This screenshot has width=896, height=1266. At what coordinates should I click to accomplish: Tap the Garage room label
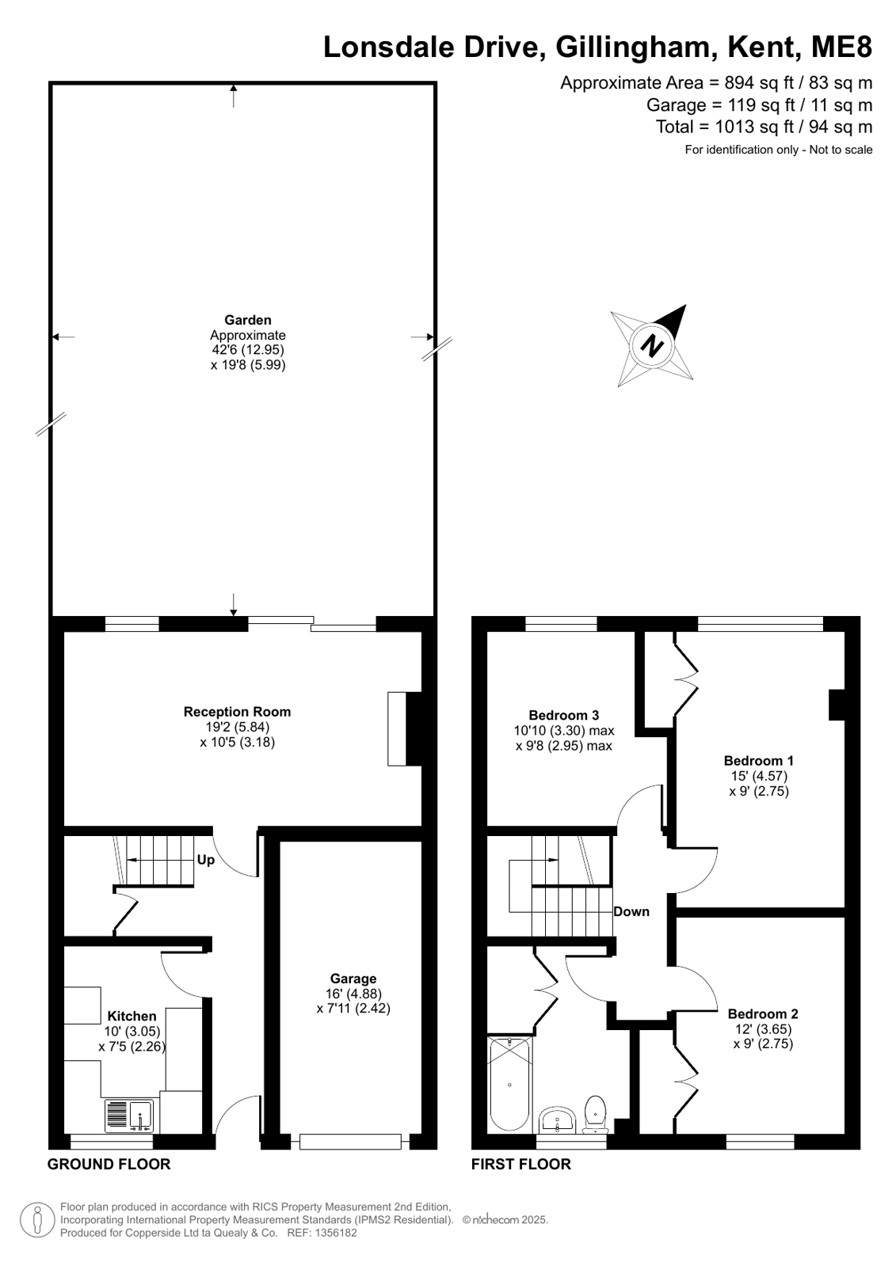click(x=353, y=979)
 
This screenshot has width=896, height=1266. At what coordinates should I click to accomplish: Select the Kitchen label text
click(x=132, y=1016)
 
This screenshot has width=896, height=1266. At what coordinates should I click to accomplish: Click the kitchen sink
click(x=128, y=1116)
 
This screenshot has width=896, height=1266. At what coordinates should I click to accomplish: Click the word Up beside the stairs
click(x=205, y=860)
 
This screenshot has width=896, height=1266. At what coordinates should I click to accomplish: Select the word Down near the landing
click(x=631, y=911)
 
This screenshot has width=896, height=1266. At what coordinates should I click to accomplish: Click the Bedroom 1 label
click(x=758, y=760)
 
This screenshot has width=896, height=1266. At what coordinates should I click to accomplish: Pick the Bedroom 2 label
click(x=762, y=1013)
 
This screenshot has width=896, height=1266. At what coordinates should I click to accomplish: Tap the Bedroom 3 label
click(x=563, y=715)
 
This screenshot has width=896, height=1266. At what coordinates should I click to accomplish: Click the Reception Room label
click(x=237, y=712)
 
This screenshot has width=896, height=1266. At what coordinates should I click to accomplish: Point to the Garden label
click(x=248, y=320)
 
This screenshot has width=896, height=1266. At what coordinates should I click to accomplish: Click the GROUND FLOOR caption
click(x=109, y=1165)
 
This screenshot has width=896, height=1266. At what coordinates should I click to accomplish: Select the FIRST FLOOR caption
click(x=521, y=1165)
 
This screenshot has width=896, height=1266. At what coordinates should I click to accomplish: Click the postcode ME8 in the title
click(x=841, y=47)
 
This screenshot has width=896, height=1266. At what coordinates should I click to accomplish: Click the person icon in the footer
click(x=37, y=1219)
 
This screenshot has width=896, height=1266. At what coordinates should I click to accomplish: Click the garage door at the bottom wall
click(x=350, y=1142)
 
